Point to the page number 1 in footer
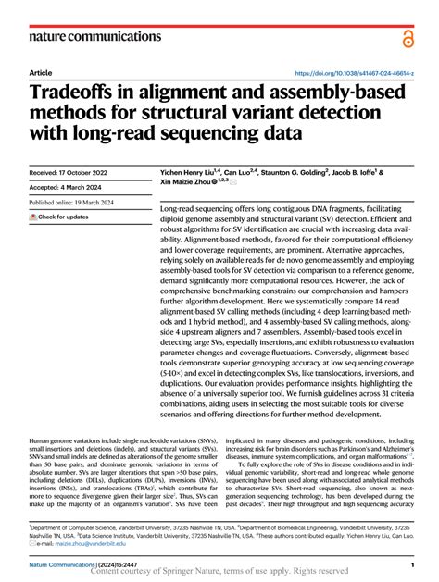pos(410,563)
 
